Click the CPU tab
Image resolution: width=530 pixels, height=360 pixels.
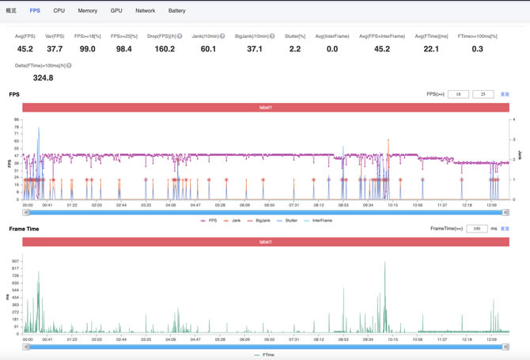click(x=59, y=11)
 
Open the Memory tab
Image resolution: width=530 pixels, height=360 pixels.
click(x=88, y=11)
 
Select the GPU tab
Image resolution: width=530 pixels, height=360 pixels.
click(x=116, y=11)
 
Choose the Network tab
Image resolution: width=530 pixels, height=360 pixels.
click(x=146, y=11)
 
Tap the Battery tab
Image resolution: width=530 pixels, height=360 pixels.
click(x=177, y=11)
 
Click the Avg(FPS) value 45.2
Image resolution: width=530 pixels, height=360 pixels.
click(x=25, y=49)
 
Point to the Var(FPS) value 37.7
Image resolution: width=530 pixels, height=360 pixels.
click(x=55, y=49)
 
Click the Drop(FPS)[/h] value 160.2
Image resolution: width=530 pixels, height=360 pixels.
click(x=165, y=49)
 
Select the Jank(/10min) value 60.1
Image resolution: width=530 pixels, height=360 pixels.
click(x=208, y=49)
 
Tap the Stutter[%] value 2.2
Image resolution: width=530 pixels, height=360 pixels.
click(x=295, y=49)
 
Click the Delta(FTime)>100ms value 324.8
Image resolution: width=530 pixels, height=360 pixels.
click(x=43, y=78)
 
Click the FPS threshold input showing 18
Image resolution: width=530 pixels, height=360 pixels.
click(x=458, y=94)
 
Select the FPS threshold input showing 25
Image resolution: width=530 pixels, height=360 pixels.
click(x=483, y=94)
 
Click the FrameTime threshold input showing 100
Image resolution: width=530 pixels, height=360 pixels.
click(x=476, y=229)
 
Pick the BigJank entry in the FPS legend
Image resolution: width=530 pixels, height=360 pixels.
click(x=262, y=221)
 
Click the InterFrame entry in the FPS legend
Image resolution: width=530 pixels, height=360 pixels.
click(x=319, y=221)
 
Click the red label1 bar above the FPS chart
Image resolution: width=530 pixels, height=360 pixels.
click(x=266, y=107)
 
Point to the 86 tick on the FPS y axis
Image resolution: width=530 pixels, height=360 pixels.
click(x=17, y=120)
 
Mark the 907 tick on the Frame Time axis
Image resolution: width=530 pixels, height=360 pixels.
click(x=16, y=261)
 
